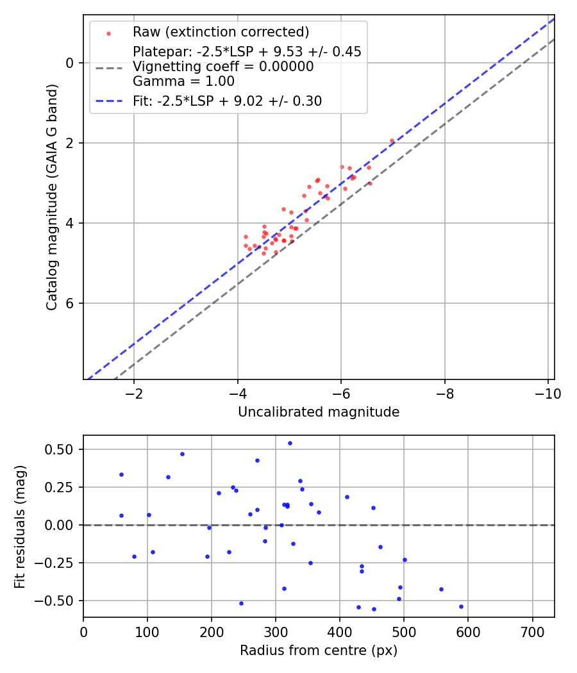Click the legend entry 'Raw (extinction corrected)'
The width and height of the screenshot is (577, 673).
(221, 32)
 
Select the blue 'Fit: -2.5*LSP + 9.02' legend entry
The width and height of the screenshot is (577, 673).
(227, 101)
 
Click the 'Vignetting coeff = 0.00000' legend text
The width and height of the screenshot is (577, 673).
(223, 67)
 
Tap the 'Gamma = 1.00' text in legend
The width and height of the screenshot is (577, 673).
(183, 81)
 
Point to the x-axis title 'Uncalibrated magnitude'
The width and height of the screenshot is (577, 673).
(319, 412)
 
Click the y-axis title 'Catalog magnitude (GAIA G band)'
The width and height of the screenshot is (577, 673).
(52, 197)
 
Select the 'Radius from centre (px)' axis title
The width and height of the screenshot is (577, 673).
(319, 651)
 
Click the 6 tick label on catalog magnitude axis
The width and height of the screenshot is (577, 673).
(70, 303)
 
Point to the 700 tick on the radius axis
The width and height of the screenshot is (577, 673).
(532, 631)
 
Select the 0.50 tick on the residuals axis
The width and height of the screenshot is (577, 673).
(62, 449)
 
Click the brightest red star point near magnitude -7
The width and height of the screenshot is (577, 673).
(392, 140)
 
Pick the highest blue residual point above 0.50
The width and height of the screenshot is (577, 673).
(290, 443)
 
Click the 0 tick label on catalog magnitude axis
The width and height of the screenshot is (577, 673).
(70, 63)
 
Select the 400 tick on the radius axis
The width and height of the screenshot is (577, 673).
(340, 631)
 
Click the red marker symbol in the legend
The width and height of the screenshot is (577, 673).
(108, 33)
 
